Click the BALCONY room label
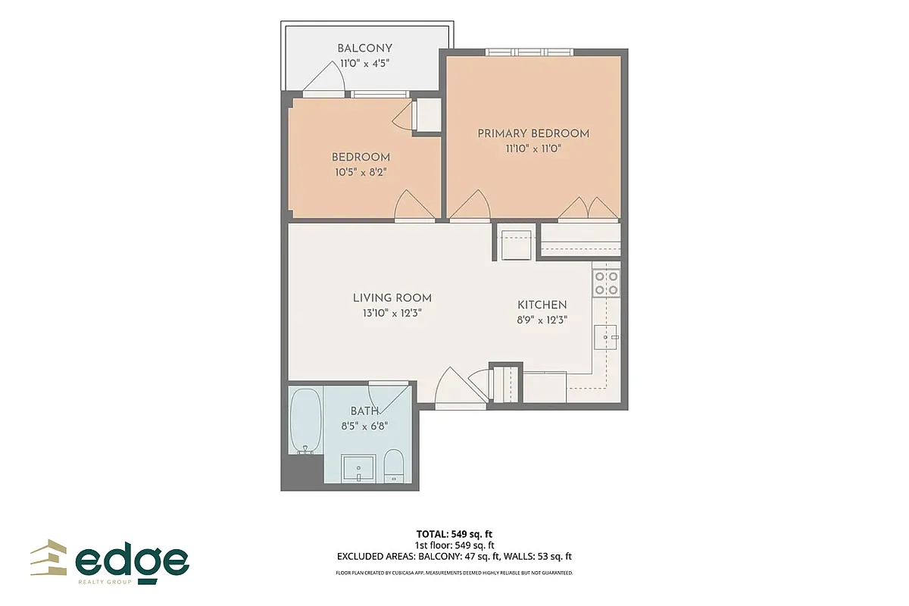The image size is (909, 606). point(364,49)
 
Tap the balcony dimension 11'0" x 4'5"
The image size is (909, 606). point(364,64)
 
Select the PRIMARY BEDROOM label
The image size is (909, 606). point(533,134)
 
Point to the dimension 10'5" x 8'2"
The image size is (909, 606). point(361,172)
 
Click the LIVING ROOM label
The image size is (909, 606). point(392,298)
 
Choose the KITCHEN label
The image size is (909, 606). point(542,305)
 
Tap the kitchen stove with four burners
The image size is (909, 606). point(606,283)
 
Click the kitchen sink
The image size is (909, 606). point(607,336)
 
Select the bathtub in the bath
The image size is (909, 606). point(305,420)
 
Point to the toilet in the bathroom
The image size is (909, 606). point(394,464)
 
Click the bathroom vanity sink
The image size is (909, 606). point(358,467)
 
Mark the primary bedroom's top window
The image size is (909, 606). point(529,52)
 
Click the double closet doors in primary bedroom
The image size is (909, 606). point(589,208)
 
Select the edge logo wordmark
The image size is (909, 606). point(133,561)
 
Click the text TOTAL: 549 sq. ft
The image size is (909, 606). point(454,533)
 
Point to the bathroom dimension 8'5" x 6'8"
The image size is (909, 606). point(364,426)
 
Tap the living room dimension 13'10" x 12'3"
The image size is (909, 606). point(392,313)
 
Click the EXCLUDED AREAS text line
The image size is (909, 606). point(454,556)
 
